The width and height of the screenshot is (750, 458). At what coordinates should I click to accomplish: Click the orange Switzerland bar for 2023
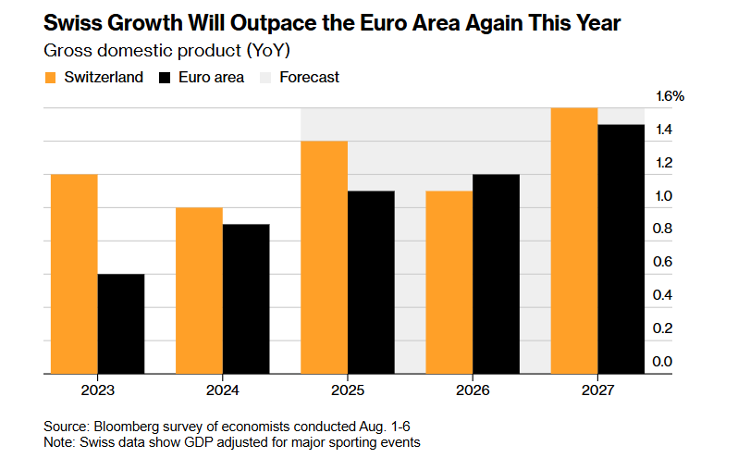74,274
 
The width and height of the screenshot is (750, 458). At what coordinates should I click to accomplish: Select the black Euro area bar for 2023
120,324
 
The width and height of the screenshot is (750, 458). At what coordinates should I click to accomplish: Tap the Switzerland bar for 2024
199,291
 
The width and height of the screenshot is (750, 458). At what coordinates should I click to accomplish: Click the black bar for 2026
496,274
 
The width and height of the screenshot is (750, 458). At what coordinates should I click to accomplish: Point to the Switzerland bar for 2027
573,241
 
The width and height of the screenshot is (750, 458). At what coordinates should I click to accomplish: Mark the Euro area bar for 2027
621,249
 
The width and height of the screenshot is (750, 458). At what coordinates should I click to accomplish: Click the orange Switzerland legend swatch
51,78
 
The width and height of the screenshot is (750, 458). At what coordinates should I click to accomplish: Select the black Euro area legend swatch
167,78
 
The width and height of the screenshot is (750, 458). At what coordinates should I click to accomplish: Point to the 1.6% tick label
670,96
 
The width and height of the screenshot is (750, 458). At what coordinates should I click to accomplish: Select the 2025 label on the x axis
347,390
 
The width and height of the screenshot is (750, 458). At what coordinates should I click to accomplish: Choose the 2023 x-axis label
97,390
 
